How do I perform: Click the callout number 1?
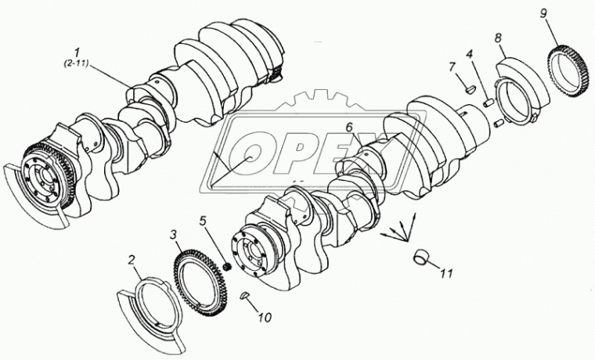77,52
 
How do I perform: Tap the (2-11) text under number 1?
75,63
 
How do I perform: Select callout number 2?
132,260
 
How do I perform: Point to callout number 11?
446,273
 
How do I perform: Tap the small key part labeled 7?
470,89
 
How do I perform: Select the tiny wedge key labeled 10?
245,295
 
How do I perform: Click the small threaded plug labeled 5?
228,267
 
